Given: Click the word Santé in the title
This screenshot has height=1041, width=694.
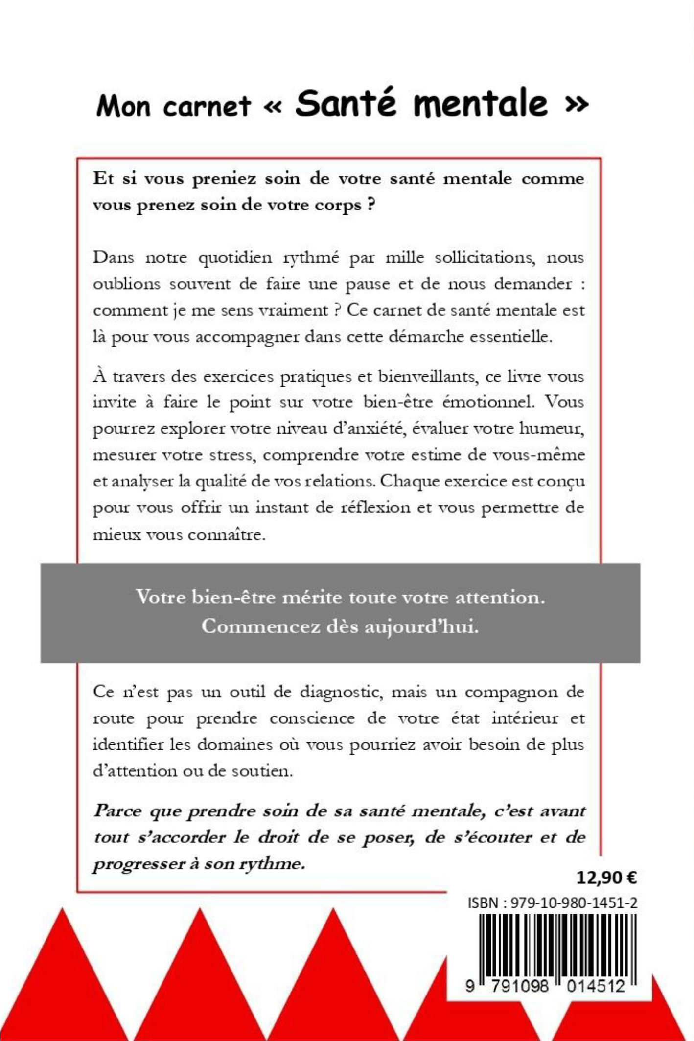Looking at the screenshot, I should [x=345, y=103].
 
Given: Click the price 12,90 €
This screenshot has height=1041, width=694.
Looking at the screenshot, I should [x=606, y=878].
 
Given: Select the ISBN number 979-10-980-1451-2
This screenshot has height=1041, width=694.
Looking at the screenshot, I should [x=573, y=902].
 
